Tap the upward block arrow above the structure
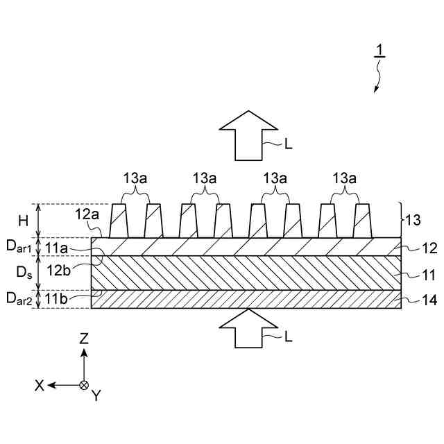(x=248, y=135)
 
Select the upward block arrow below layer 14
(x=248, y=327)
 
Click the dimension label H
(x=24, y=221)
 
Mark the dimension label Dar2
(x=19, y=299)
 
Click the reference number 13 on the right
(x=413, y=221)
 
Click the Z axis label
(x=84, y=338)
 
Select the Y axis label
(x=96, y=395)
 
